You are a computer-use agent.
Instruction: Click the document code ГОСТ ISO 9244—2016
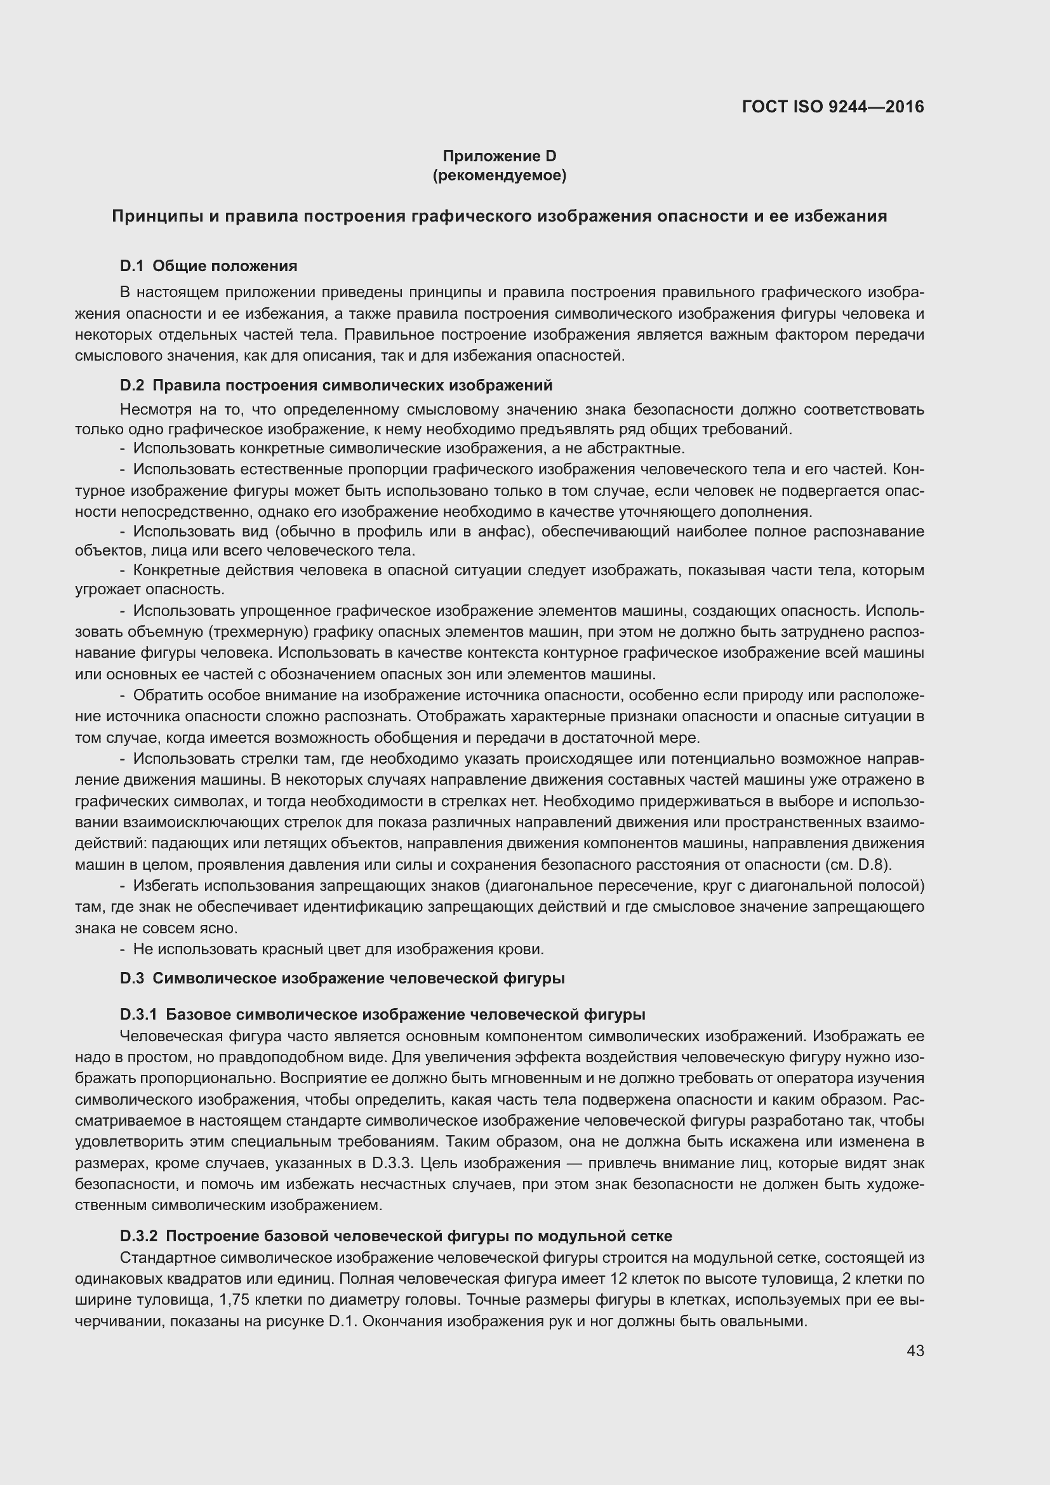[833, 107]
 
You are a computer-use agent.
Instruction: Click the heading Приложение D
[499, 156]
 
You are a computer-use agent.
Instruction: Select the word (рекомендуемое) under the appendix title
[499, 175]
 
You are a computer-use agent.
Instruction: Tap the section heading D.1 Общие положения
[208, 266]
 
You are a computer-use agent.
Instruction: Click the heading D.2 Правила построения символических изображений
[336, 385]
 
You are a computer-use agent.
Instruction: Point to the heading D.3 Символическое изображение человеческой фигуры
[342, 978]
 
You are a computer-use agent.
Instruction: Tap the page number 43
[915, 1350]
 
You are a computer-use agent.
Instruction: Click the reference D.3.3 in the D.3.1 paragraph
[392, 1163]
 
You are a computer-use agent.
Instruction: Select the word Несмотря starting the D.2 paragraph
[150, 410]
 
